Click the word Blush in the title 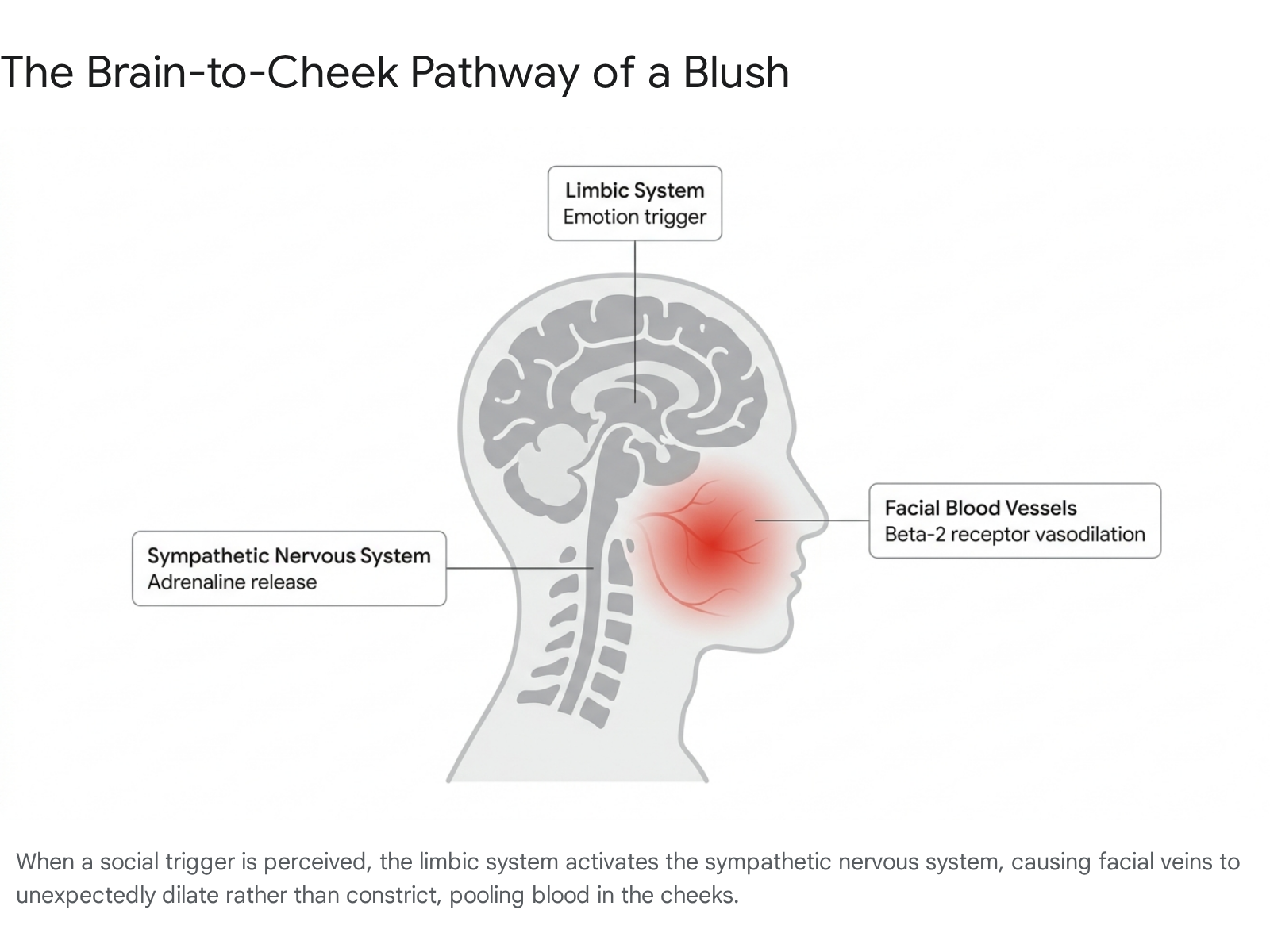(x=736, y=72)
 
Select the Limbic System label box (x=635, y=203)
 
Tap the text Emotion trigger (x=635, y=217)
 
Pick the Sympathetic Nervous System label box (x=289, y=568)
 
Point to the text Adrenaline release (x=232, y=582)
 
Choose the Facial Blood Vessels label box (x=1015, y=520)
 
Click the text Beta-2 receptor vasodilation (x=1015, y=534)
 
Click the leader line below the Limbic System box (x=635, y=321)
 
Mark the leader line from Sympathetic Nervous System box (x=520, y=568)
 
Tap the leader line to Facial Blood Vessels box (x=812, y=520)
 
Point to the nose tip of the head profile (x=824, y=516)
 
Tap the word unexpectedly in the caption (x=86, y=896)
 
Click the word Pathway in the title (x=495, y=74)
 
